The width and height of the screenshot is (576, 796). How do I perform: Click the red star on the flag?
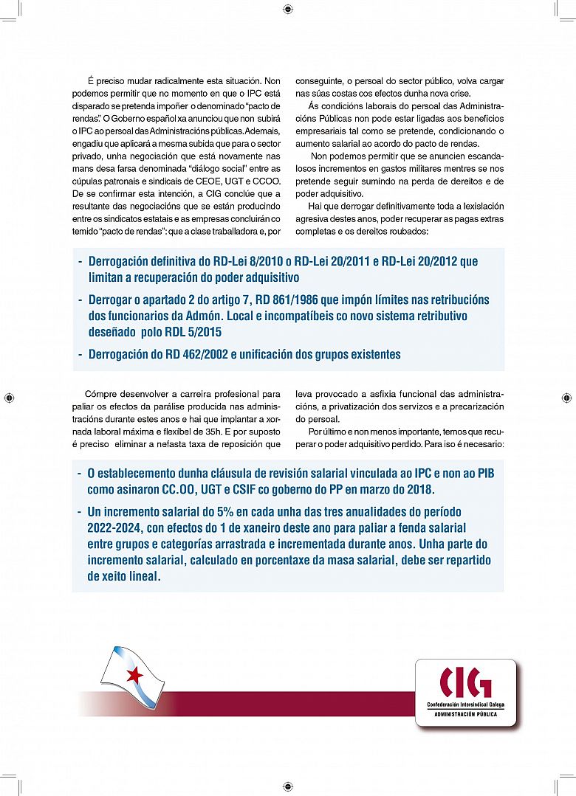pyautogui.click(x=134, y=674)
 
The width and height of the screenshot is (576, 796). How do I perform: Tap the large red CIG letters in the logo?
pyautogui.click(x=465, y=682)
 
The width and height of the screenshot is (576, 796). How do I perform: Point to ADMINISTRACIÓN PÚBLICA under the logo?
pyautogui.click(x=465, y=714)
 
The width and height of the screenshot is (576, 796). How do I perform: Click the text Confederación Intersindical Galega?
pyautogui.click(x=465, y=705)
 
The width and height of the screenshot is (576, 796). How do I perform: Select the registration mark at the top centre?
pyautogui.click(x=287, y=10)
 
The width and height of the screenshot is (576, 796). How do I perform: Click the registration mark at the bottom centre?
pyautogui.click(x=287, y=786)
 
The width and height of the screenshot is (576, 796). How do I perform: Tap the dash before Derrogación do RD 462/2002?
pyautogui.click(x=80, y=354)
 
